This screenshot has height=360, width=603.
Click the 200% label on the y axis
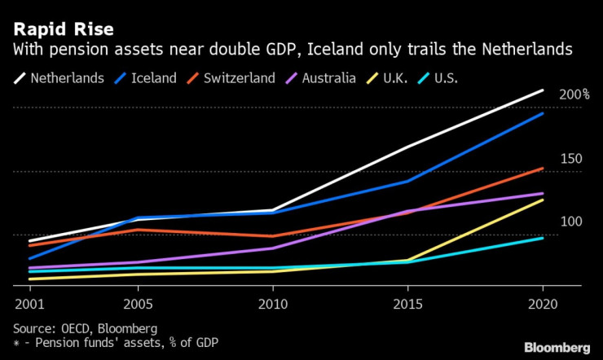click(574, 94)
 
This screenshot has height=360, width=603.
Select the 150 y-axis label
click(571, 158)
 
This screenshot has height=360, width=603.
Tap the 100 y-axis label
click(571, 222)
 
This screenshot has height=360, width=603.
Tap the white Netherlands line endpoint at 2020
click(543, 90)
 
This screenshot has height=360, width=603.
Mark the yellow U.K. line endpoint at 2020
click(543, 200)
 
